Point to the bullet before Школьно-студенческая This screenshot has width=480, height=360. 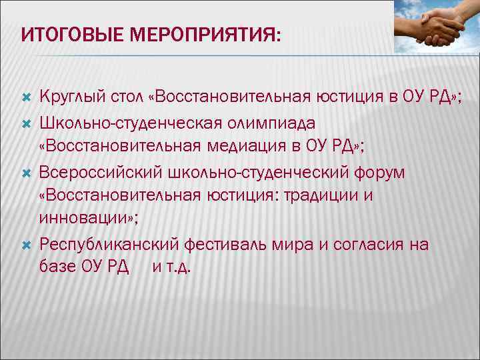27,123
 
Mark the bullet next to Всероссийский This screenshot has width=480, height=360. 27,173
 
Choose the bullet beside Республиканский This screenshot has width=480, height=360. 27,245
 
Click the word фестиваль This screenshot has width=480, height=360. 230,245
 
